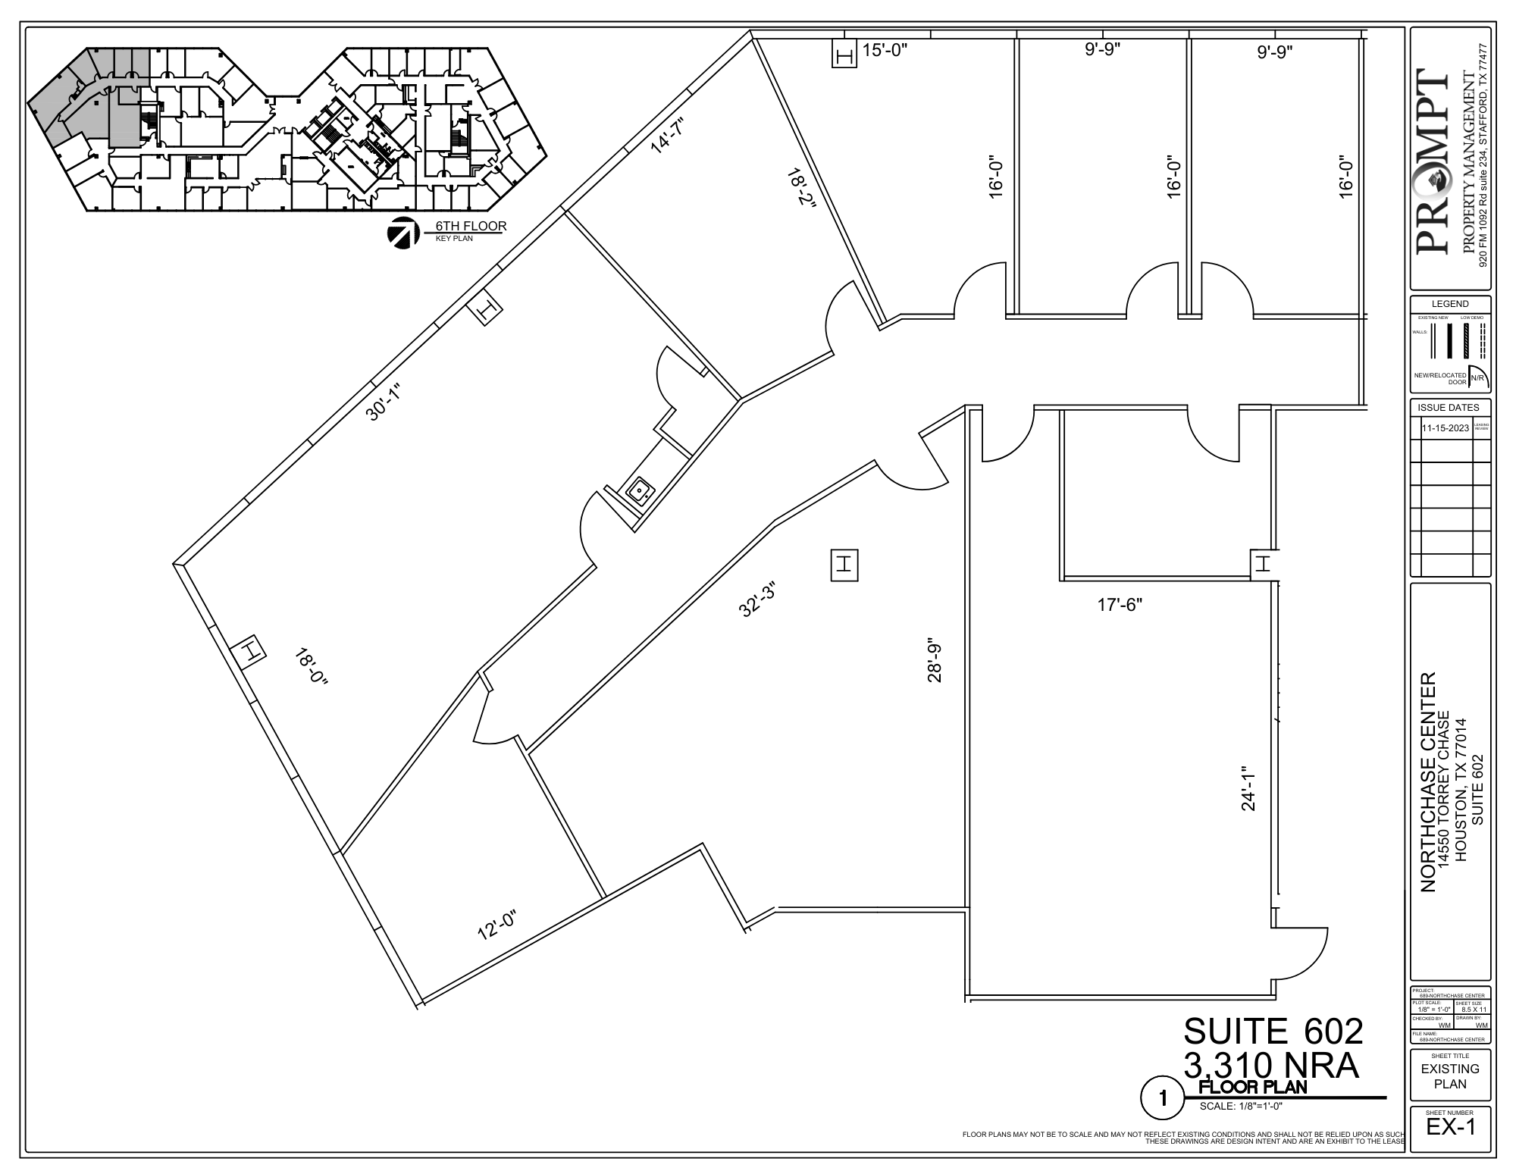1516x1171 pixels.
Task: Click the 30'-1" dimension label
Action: tap(383, 402)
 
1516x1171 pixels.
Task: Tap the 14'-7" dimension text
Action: tap(668, 136)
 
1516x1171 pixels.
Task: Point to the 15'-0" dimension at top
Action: tap(885, 51)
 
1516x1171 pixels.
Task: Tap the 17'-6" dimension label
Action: tap(1120, 605)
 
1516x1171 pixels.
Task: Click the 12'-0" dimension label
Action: tap(496, 925)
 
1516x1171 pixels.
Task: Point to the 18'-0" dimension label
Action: tap(311, 667)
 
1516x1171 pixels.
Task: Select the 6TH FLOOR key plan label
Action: tap(470, 226)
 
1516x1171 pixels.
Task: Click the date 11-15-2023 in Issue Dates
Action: tap(1445, 427)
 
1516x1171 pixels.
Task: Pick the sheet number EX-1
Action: tap(1450, 1127)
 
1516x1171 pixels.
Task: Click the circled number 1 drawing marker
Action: tap(1160, 1098)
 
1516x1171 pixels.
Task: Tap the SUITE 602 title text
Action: tap(1273, 1031)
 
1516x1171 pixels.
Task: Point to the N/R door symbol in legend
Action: tap(1477, 377)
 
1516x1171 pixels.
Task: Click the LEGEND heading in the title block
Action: tap(1449, 304)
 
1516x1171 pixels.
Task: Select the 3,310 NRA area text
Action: tap(1271, 1066)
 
